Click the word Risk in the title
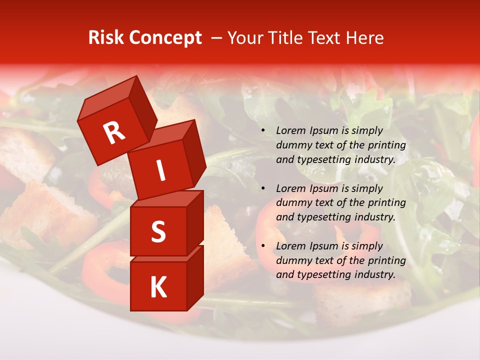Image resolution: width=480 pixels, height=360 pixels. pos(106,38)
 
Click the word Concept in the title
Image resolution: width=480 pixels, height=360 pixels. pos(165,38)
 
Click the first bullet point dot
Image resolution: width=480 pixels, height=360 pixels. pos(263,131)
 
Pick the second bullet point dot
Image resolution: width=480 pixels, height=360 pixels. pos(263,189)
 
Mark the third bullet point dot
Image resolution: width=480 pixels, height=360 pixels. pos(263,246)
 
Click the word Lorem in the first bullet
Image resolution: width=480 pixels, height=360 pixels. pos(290,130)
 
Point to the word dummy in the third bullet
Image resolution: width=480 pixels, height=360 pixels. pos(293,260)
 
